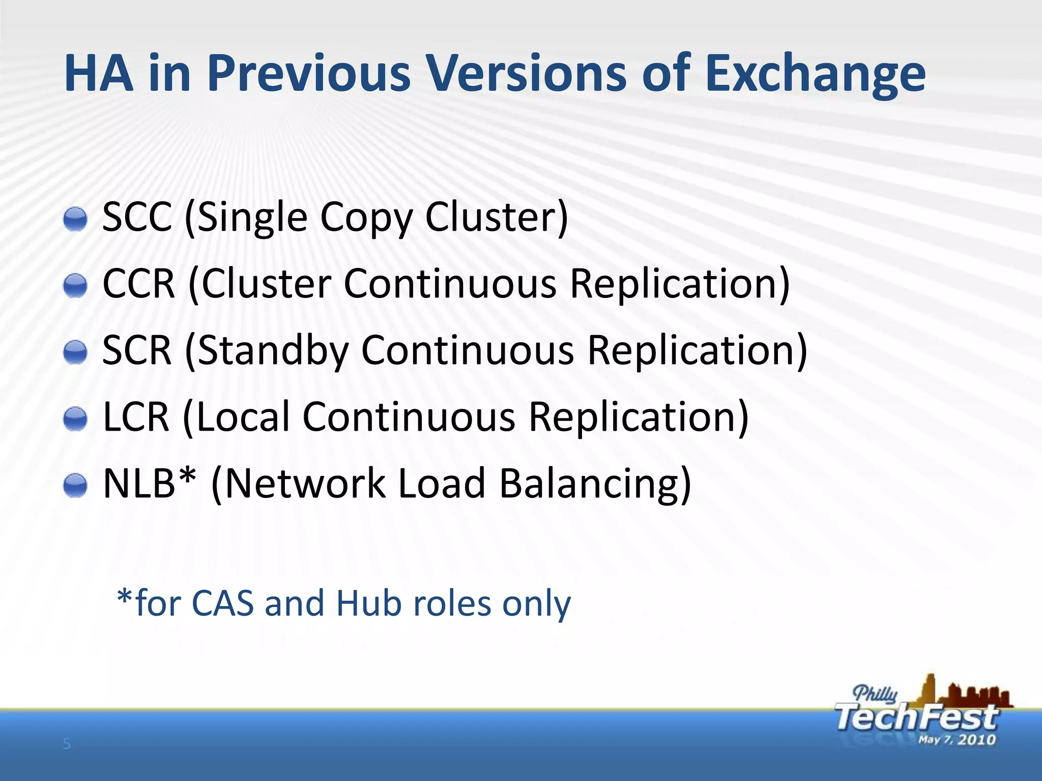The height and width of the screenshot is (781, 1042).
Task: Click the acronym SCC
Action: click(x=137, y=217)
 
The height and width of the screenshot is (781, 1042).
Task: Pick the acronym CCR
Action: click(x=139, y=284)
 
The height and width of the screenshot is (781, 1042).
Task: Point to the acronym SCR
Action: click(x=137, y=350)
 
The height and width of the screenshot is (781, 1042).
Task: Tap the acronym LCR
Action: click(x=136, y=417)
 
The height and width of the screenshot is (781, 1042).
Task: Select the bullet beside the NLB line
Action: click(x=75, y=486)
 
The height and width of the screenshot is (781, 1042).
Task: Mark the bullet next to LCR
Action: click(x=75, y=419)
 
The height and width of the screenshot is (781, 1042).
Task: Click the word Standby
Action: click(x=273, y=350)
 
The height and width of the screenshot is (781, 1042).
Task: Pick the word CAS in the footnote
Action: click(x=222, y=604)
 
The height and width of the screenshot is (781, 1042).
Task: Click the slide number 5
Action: click(x=67, y=745)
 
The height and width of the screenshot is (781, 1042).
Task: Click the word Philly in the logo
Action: click(x=875, y=694)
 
